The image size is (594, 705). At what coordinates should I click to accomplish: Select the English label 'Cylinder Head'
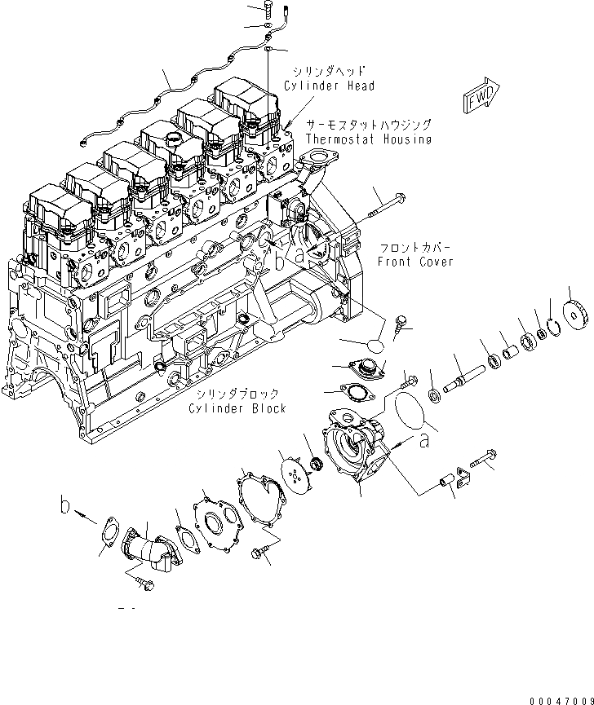[x=330, y=86]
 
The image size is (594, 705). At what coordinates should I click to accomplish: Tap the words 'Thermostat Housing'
[x=368, y=139]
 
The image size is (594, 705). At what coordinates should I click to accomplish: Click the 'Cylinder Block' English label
[x=237, y=408]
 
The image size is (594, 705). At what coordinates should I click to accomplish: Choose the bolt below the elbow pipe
[x=144, y=581]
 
